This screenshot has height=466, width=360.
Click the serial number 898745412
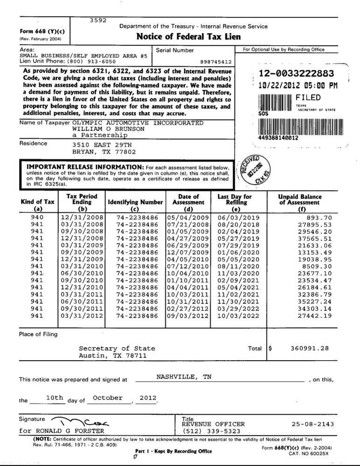pyautogui.click(x=217, y=61)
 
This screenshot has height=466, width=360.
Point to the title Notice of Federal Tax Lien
pyautogui.click(x=182, y=36)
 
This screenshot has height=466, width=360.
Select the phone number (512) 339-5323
pyautogui.click(x=211, y=431)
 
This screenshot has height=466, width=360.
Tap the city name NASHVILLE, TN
pyautogui.click(x=183, y=377)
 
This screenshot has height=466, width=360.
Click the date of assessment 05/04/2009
pyautogui.click(x=188, y=217)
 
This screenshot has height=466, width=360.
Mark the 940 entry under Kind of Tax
pyautogui.click(x=37, y=217)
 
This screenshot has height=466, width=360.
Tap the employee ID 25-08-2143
pyautogui.click(x=311, y=424)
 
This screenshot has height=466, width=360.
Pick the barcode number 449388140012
pyautogui.click(x=279, y=138)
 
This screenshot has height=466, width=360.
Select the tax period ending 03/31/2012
pyautogui.click(x=78, y=316)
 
